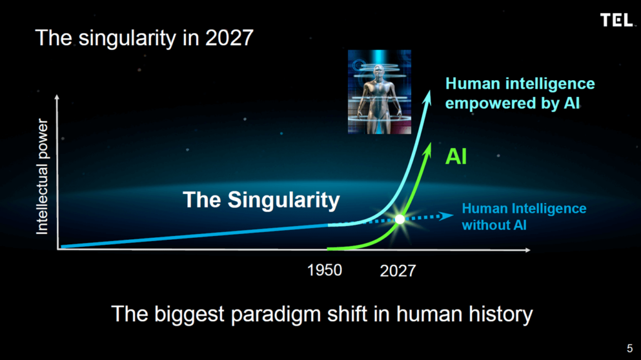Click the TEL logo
(x=617, y=19)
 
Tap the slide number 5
(x=630, y=348)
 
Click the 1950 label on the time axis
(x=325, y=270)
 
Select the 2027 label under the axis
(x=397, y=270)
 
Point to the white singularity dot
(x=400, y=219)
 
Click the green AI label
(x=456, y=157)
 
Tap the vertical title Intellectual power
(x=42, y=177)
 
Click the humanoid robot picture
(x=379, y=92)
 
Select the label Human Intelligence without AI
(x=524, y=217)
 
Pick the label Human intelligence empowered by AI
(x=520, y=93)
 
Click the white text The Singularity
(x=261, y=200)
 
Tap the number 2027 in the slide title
(x=229, y=38)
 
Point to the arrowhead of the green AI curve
(x=428, y=148)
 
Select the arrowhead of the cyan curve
(x=427, y=98)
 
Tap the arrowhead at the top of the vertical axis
(x=57, y=97)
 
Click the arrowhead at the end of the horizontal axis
(x=528, y=250)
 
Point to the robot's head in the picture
(x=379, y=72)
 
